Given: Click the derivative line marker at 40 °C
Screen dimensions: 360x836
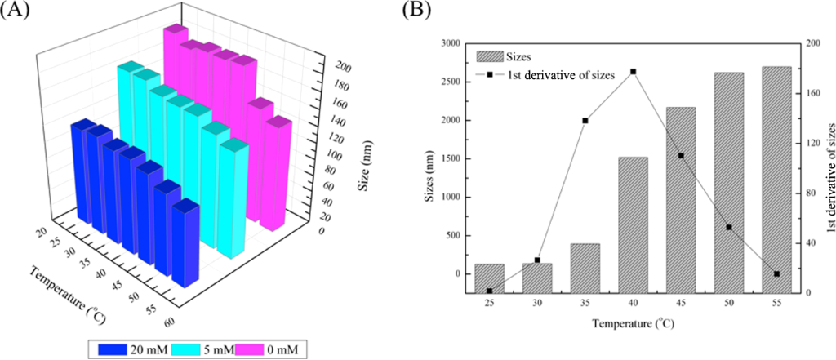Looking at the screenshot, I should pos(634,72).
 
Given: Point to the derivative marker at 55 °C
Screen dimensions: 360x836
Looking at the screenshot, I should pos(776,274).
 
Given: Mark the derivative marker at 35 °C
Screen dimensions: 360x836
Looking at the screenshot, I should pos(585,121).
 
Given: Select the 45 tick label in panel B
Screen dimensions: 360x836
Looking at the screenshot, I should pos(681,305).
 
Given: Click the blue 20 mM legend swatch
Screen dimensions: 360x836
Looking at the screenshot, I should pos(113,349).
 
